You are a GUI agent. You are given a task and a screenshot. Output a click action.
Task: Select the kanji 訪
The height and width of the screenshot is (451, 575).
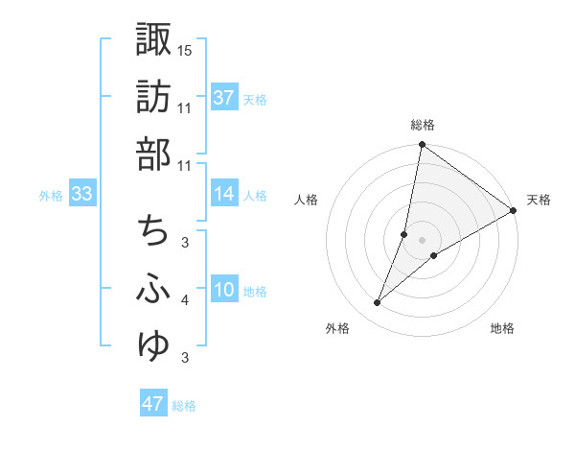coord(153,97)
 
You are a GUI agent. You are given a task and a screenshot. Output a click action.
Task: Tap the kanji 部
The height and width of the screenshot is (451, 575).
coord(153,154)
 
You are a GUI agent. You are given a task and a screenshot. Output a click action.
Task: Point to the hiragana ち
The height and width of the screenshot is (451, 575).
coord(153,230)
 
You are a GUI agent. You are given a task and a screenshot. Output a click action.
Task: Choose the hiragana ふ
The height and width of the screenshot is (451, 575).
coord(153,289)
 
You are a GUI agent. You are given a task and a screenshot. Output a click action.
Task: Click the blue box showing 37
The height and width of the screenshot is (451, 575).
coord(224,98)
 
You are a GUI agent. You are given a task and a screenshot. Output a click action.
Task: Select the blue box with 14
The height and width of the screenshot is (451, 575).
coord(224,195)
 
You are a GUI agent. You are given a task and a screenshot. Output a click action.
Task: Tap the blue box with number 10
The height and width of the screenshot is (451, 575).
coord(224,290)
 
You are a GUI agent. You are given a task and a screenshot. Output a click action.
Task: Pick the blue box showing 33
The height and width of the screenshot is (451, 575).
coord(81,195)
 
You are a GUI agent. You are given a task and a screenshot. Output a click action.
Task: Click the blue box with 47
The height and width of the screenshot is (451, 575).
coord(153,404)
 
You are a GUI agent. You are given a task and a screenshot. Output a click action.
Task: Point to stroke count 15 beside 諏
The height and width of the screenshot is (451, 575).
coord(186,49)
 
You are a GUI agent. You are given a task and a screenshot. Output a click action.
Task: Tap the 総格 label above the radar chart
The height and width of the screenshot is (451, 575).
coord(423,125)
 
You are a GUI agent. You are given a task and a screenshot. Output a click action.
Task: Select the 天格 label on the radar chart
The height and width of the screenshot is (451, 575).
coord(539,200)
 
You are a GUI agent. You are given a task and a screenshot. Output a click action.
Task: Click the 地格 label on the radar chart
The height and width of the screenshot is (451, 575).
coord(502,329)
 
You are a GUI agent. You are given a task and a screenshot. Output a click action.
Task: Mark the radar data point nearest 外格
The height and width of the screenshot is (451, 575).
coord(378,303)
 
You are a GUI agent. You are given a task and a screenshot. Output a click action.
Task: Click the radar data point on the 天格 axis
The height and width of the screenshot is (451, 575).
coord(514,210)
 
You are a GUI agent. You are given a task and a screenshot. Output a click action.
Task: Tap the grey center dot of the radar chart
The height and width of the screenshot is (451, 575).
coord(423,240)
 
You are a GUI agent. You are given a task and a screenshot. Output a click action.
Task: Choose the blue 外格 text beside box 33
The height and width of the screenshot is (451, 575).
coord(51,196)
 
